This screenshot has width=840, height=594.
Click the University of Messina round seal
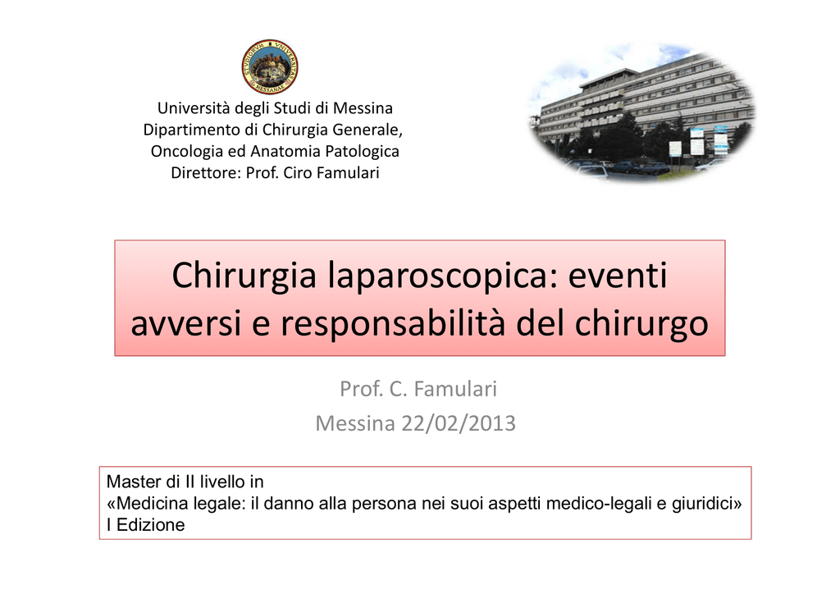tap(270, 66)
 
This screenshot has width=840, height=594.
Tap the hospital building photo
tap(641, 112)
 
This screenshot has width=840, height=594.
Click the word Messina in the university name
tap(363, 108)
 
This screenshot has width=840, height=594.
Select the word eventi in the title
tap(618, 276)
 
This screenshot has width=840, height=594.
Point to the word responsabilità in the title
tap(393, 323)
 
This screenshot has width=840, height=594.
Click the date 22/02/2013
tap(459, 423)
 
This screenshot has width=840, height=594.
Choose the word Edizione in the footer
tap(151, 525)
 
